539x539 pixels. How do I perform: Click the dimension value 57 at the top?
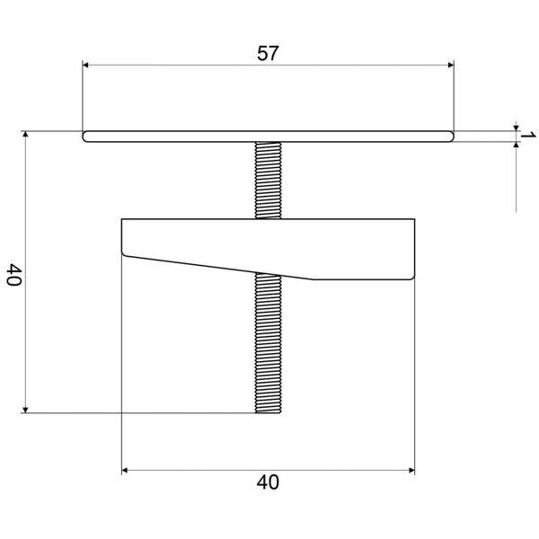coord(268,53)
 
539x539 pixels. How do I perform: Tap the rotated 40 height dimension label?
coord(13,274)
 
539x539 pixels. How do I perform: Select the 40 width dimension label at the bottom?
coord(268,482)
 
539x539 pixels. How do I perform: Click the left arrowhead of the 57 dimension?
coord(87,65)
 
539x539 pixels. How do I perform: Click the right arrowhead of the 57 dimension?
coord(448,65)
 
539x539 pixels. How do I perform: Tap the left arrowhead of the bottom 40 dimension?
coord(127,469)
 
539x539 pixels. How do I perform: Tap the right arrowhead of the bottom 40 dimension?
coord(410,469)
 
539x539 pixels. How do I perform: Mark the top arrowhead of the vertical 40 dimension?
coord(26,136)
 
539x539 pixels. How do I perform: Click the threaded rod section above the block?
coord(269,180)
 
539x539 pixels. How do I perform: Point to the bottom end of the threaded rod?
coord(269,411)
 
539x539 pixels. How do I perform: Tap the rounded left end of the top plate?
coord(85,137)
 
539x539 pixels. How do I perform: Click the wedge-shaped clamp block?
coord(269,244)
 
